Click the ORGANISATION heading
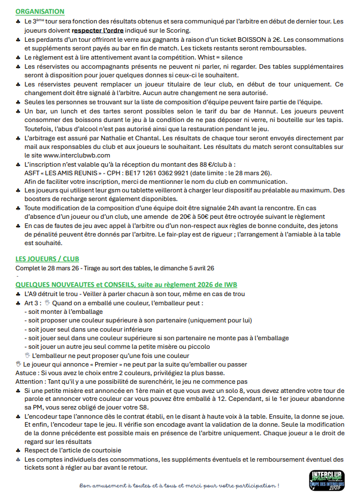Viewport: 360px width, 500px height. click(x=40, y=11)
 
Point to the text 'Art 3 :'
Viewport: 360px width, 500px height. click(x=33, y=302)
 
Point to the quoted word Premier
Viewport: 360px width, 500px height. click(x=106, y=364)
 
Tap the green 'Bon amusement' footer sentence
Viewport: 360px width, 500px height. click(x=179, y=486)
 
